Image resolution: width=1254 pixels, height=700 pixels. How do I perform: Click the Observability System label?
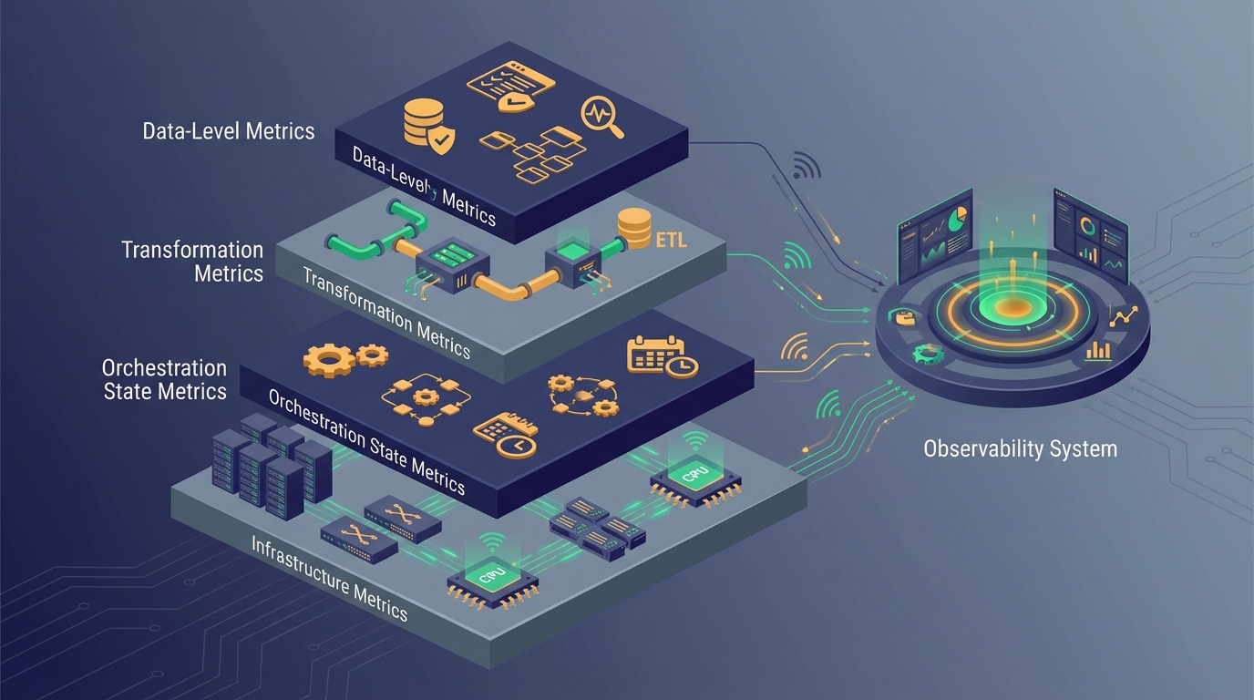tap(1020, 448)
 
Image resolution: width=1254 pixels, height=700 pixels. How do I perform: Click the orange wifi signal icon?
tap(796, 348)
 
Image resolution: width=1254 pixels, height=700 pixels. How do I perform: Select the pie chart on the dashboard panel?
tap(956, 220)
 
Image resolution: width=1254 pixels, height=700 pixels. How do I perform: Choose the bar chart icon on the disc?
tap(1099, 351)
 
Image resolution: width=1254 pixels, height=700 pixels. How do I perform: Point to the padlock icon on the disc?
tap(907, 318)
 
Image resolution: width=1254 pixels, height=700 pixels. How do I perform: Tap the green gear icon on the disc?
tap(928, 353)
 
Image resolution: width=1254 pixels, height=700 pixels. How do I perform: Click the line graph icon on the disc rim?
tap(1122, 316)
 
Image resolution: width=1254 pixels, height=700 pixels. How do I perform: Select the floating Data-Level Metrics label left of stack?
tap(229, 130)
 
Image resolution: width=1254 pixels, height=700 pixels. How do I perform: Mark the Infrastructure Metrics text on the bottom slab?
tap(329, 577)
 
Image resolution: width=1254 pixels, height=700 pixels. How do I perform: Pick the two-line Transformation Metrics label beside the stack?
tap(192, 261)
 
